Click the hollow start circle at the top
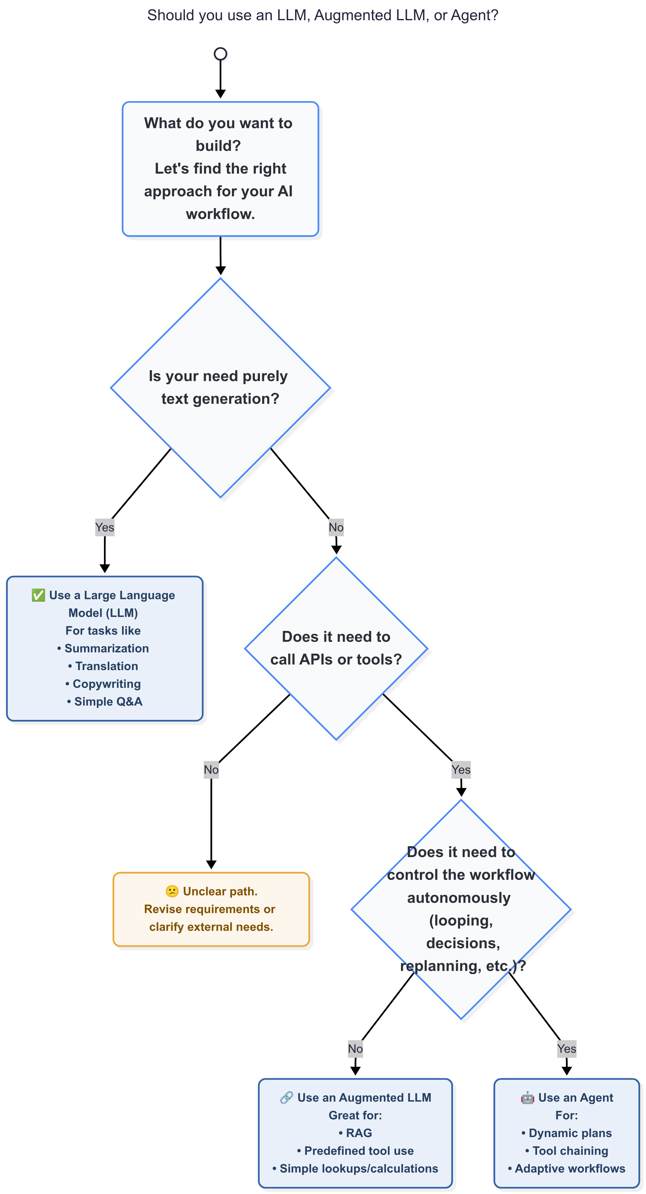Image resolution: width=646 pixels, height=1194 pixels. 220,54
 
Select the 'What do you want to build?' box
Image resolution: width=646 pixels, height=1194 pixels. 220,169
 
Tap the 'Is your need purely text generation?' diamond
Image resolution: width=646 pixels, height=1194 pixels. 220,388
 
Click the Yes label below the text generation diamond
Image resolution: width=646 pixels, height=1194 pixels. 105,528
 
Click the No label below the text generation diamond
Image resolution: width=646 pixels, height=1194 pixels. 336,528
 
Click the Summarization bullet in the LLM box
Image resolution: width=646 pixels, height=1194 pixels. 103,648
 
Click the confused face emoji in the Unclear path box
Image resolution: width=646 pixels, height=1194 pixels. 172,891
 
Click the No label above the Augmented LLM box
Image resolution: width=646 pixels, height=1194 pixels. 355,1049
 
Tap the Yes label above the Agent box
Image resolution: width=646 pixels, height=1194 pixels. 567,1049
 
